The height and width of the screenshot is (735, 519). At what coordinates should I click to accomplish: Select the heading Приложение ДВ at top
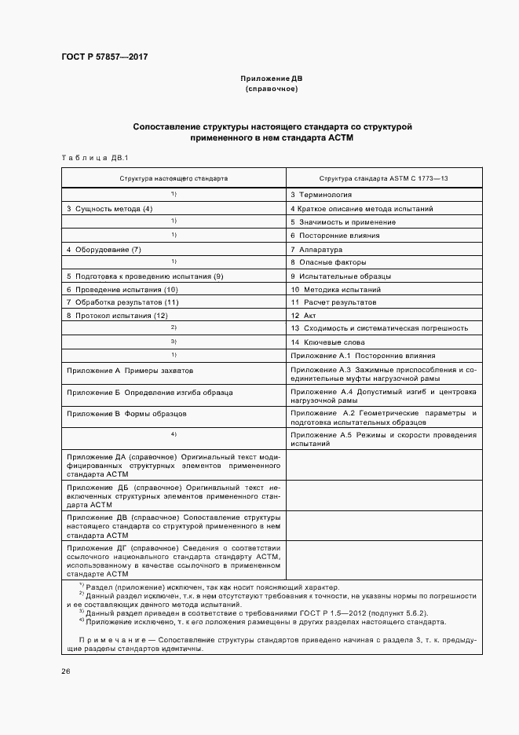[271, 79]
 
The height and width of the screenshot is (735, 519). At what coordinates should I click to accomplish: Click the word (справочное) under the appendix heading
[271, 90]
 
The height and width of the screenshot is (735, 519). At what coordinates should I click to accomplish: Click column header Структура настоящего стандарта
[174, 178]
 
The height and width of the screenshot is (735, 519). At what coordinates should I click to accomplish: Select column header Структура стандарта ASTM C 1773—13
[384, 178]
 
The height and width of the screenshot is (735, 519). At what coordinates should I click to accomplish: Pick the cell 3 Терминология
[320, 194]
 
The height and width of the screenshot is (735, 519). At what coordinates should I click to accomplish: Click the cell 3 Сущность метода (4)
[109, 208]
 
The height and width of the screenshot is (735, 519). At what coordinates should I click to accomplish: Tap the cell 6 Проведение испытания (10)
[122, 289]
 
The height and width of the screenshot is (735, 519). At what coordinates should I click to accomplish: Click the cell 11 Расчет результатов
[333, 302]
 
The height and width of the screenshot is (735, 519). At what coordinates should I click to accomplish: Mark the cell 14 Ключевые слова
[327, 342]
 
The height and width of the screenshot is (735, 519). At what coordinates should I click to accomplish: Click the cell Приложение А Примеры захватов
[130, 369]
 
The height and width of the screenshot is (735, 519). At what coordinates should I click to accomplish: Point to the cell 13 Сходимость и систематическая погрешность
[379, 329]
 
